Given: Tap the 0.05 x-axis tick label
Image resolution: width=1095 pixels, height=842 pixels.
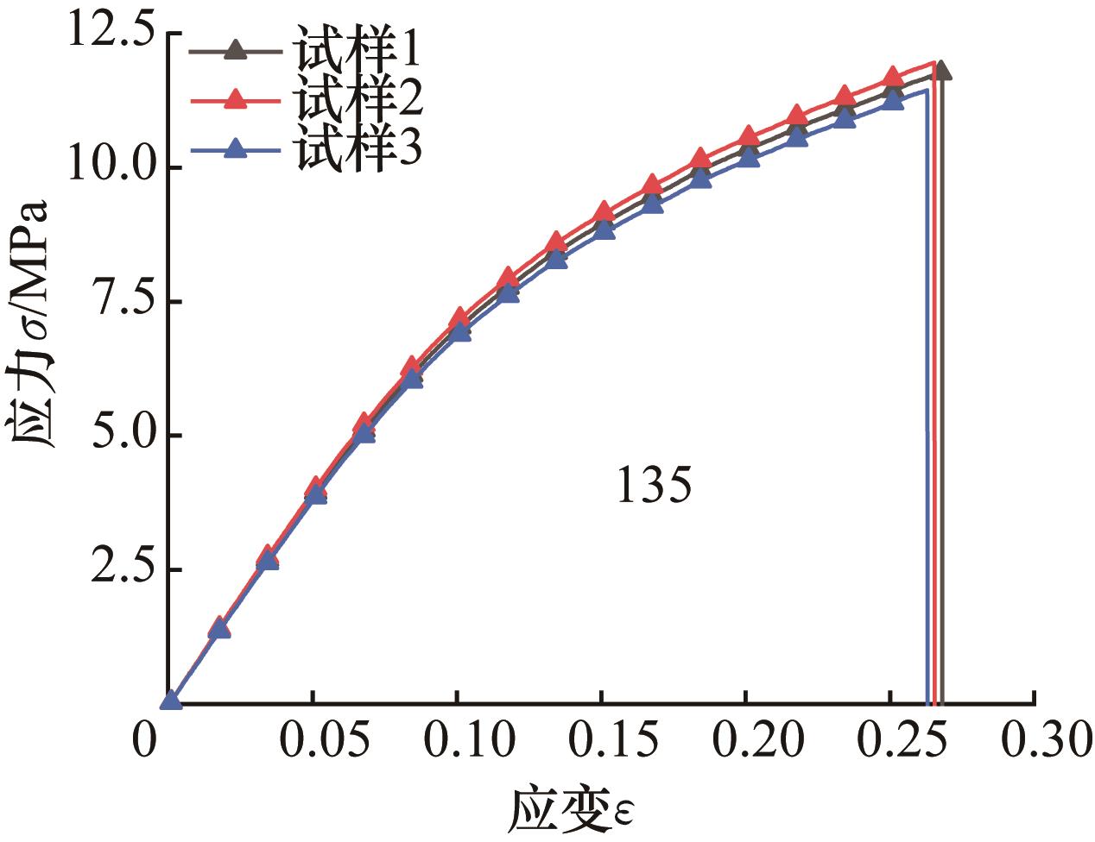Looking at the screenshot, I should click(314, 743).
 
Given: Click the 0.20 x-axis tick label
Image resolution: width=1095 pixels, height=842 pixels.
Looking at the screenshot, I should click(747, 743).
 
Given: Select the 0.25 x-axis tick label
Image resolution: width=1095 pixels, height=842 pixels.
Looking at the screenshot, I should click(891, 743).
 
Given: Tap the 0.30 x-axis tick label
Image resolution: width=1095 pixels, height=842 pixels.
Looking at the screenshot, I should click(1035, 743).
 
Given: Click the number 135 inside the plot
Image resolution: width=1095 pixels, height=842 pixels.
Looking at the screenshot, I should click(654, 487).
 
